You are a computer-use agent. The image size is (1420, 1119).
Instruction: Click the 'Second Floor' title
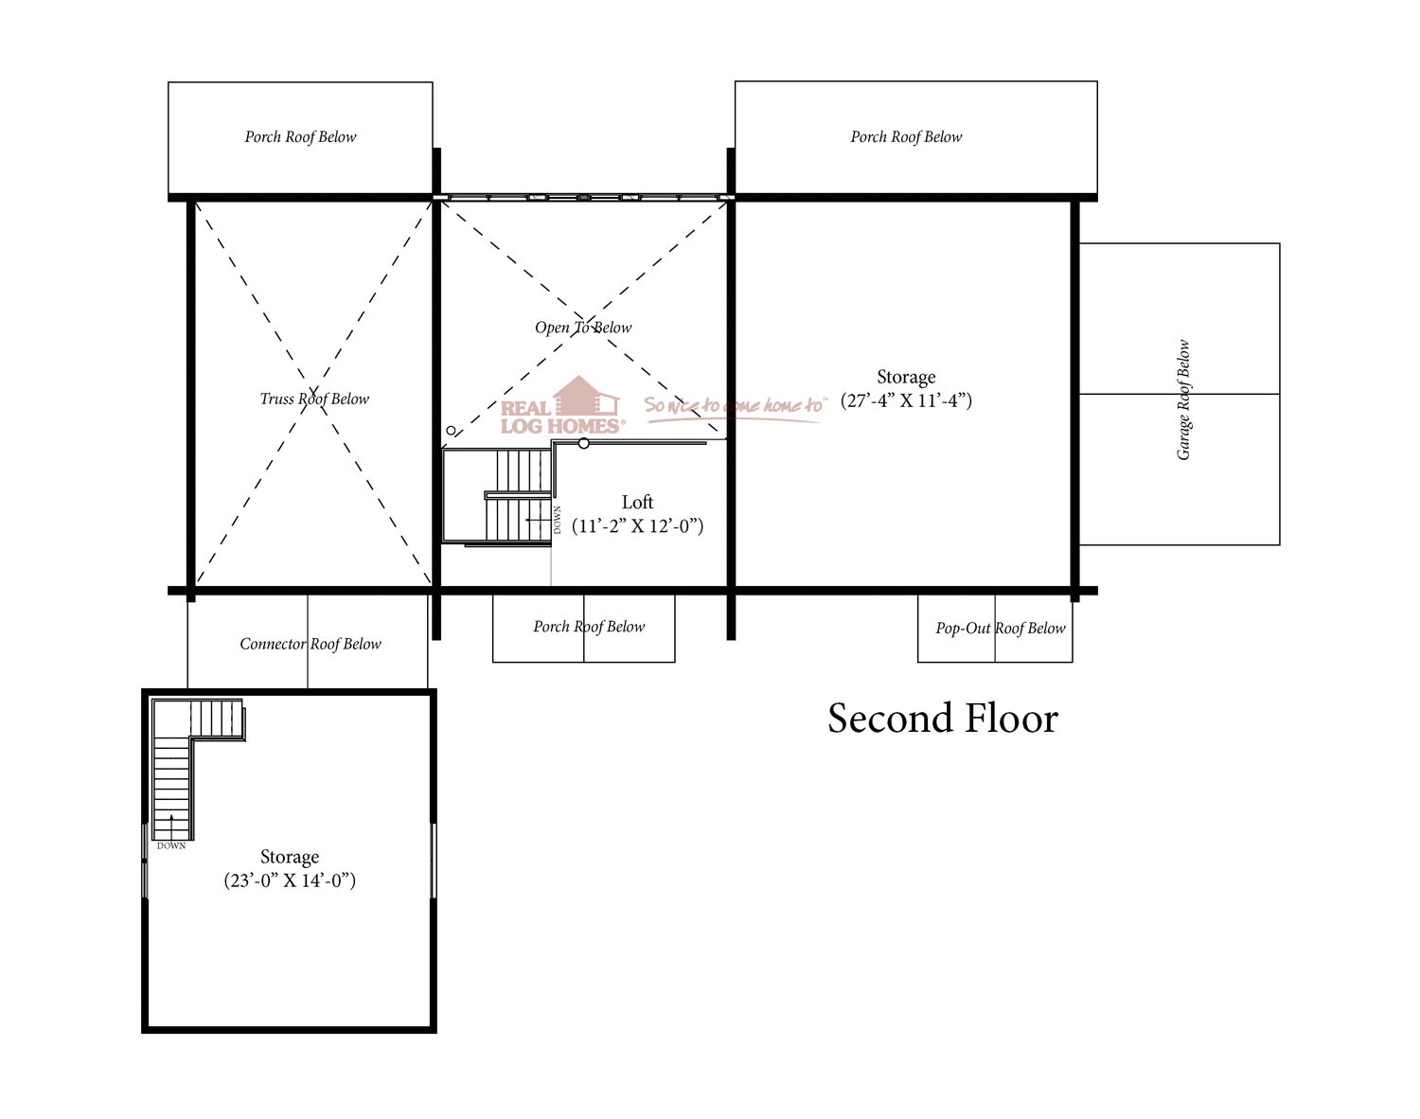[x=943, y=719]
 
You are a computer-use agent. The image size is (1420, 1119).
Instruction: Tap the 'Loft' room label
[x=637, y=502]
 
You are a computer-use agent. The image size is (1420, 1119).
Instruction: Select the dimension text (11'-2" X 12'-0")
[x=637, y=525]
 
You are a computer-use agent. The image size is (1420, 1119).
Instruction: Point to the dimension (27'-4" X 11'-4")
[x=906, y=400]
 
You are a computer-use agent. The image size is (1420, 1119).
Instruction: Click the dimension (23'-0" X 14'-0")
[x=290, y=880]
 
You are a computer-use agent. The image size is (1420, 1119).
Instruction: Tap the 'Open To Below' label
[x=583, y=328]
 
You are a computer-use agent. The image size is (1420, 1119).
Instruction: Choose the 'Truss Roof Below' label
[x=314, y=399]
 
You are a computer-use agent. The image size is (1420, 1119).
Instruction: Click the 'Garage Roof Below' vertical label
[x=1183, y=400]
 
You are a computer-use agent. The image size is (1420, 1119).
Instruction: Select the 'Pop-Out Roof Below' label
[x=1001, y=628]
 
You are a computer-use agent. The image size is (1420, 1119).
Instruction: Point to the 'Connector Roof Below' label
[x=311, y=644]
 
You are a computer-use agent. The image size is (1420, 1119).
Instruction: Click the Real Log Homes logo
[x=560, y=406]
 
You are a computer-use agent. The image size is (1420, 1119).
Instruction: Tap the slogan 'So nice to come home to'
[x=735, y=406]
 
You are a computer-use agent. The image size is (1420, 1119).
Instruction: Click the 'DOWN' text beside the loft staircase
[x=558, y=520]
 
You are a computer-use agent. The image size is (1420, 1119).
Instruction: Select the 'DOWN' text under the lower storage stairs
[x=171, y=845]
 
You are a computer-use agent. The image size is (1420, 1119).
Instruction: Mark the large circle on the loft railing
[x=583, y=443]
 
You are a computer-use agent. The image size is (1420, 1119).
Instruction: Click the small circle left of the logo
[x=451, y=431]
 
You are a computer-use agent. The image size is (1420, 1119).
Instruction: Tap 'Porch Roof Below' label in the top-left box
[x=300, y=136]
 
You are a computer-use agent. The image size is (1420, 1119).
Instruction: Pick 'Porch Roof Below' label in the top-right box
[x=906, y=136]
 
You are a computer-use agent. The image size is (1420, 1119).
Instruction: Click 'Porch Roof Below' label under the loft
[x=589, y=627]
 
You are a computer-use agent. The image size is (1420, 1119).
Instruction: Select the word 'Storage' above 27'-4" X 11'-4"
[x=906, y=377]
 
